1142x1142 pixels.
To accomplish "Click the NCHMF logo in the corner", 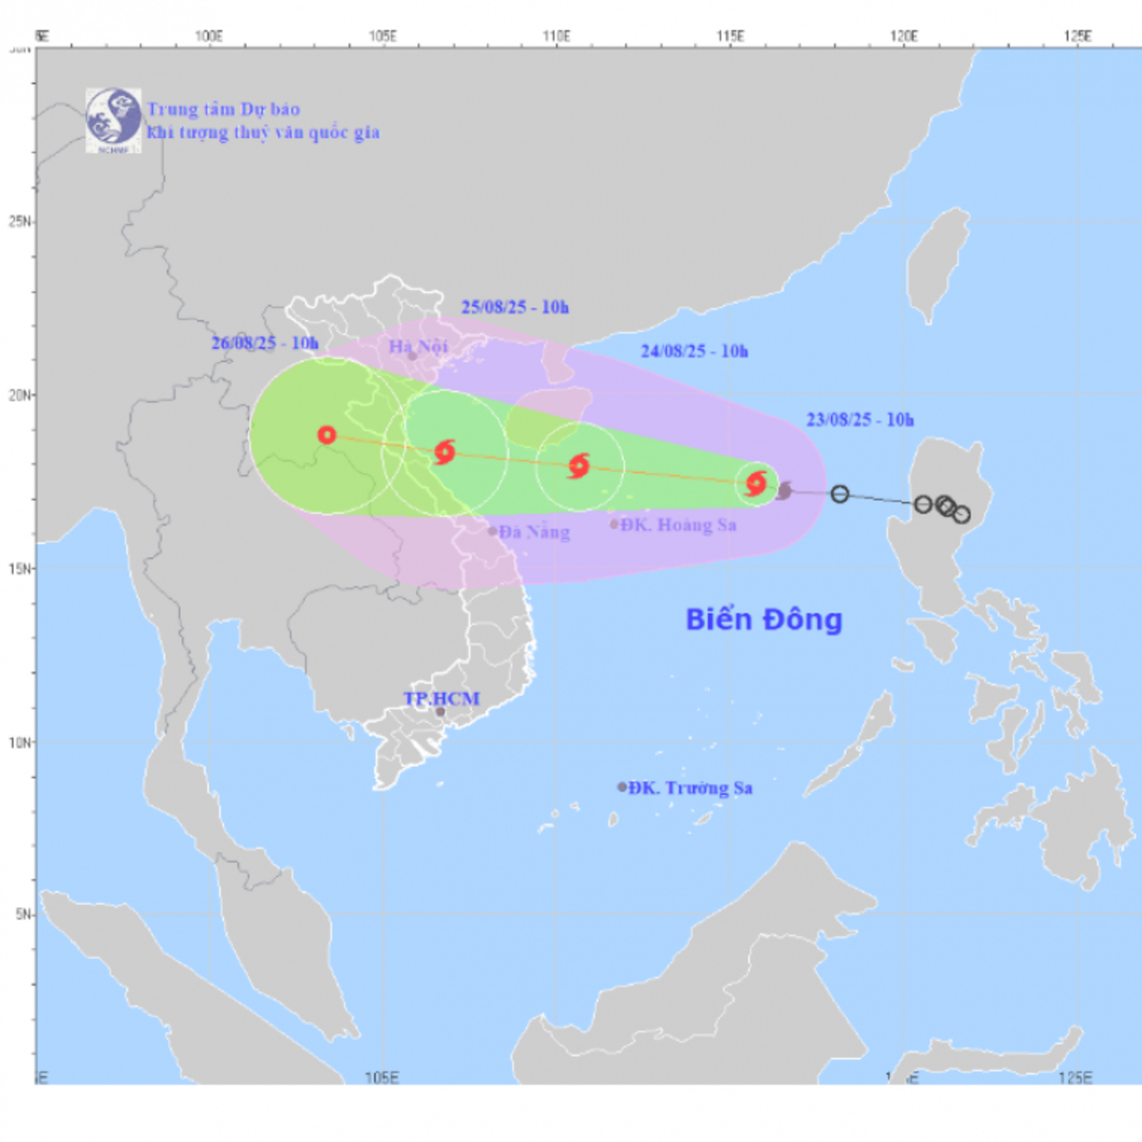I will (x=113, y=121).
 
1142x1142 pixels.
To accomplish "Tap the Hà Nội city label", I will (x=418, y=346).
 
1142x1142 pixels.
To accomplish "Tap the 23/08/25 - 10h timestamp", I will (x=860, y=419).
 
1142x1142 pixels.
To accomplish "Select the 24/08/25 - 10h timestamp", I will (x=695, y=351).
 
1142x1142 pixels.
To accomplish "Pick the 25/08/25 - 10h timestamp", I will (x=515, y=307).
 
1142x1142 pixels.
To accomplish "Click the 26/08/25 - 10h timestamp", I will (x=265, y=343).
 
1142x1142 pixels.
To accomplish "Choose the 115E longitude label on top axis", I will (x=730, y=37).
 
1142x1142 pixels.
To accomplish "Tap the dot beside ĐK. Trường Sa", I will (x=622, y=787).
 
